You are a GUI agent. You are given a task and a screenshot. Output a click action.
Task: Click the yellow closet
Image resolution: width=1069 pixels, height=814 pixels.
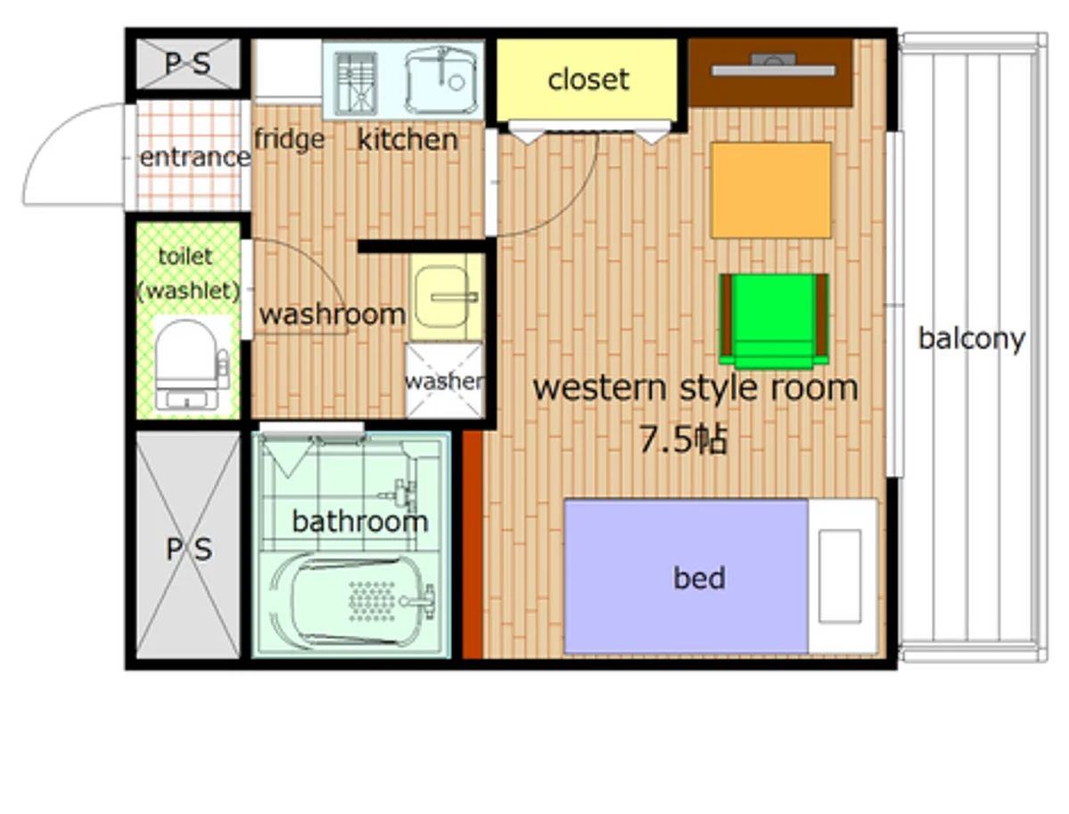[x=587, y=79]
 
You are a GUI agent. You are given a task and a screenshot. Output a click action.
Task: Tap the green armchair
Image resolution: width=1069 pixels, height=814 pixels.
[x=774, y=320]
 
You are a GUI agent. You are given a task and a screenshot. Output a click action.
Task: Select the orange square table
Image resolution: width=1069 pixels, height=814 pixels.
[x=771, y=190]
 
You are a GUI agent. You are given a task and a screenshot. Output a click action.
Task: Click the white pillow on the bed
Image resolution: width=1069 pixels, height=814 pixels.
[x=839, y=576]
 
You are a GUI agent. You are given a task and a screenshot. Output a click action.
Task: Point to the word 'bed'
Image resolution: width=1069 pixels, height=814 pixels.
[x=700, y=578]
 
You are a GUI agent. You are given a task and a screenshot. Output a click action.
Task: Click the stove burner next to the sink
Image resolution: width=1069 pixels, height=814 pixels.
[x=356, y=83]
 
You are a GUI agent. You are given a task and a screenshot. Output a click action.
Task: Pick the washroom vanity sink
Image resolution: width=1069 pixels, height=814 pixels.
[x=445, y=297]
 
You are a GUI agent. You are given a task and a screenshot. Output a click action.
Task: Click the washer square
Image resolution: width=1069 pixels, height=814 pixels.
[x=445, y=381]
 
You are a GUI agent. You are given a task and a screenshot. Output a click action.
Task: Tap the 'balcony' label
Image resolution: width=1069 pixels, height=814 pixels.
[x=972, y=338]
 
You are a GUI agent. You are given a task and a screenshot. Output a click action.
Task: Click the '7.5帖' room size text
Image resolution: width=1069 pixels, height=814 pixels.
[x=683, y=439]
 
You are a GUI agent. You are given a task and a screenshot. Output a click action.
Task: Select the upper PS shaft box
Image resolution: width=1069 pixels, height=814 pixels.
[x=188, y=64]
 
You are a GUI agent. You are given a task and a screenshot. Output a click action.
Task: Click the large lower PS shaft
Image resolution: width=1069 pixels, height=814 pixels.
[x=188, y=546]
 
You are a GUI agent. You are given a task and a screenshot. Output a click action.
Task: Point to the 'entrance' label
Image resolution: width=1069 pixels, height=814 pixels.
[x=195, y=158]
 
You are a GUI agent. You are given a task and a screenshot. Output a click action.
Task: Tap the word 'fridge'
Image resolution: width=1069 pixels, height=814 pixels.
[x=289, y=140]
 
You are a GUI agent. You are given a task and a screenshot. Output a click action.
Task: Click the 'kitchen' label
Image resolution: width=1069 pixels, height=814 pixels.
[x=407, y=140]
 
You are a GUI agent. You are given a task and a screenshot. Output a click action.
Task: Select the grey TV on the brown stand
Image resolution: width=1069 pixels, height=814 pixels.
[x=774, y=65]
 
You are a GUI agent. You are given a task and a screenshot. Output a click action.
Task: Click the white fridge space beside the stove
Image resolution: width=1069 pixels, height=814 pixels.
[x=287, y=69]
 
